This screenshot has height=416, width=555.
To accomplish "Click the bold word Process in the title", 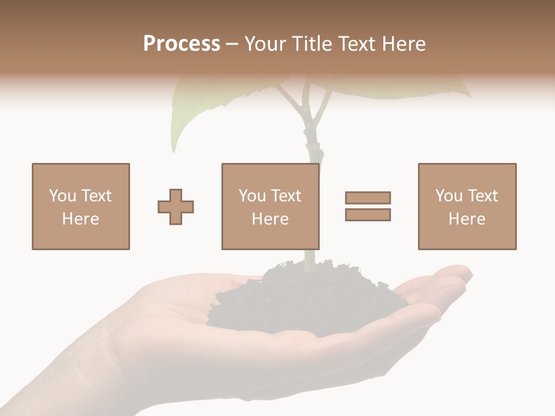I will tap(182, 44).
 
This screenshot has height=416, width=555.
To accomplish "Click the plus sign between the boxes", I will tap(176, 207).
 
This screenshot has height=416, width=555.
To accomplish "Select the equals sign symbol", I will tap(368, 206).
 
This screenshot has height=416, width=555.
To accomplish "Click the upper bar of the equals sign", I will tap(368, 198).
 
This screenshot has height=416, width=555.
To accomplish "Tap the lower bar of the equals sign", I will tap(368, 214).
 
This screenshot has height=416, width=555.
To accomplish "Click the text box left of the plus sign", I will tap(81, 206).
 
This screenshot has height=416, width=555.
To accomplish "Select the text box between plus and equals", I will tap(271, 206).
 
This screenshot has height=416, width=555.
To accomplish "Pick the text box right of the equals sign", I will tap(467, 206).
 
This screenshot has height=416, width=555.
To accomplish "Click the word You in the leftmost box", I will tap(62, 196).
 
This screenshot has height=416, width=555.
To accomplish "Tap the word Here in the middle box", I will tap(271, 219).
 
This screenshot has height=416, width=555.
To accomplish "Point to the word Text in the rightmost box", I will tap(482, 196).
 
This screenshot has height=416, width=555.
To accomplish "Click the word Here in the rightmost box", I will tap(467, 219).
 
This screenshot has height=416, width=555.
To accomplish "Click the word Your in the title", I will tap(265, 44).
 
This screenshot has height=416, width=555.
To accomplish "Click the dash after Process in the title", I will tap(232, 44).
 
